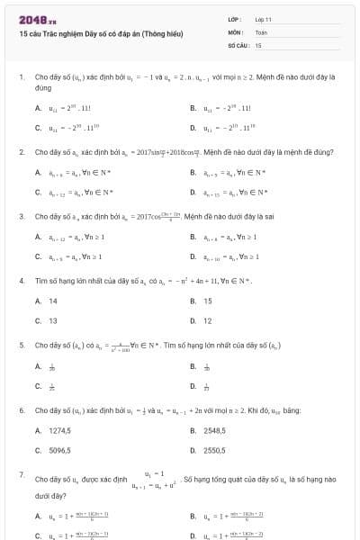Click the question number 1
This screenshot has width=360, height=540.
pos(21,77)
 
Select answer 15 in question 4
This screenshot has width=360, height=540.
pos(208,301)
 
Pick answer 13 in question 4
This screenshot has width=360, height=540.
pos(52,320)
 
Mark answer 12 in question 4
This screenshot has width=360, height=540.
pos(208,320)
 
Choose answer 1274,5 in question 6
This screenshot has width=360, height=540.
pos(59,430)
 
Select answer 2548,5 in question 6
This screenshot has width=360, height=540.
pos(214,430)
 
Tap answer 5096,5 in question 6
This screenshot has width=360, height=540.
pos(59,449)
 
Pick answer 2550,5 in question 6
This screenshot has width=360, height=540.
pos(214,449)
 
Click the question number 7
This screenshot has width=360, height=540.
pos(21,473)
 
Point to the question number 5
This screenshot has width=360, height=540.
pos(21,345)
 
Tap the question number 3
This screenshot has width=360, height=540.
pos(21,217)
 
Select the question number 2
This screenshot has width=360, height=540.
pos(21,152)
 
